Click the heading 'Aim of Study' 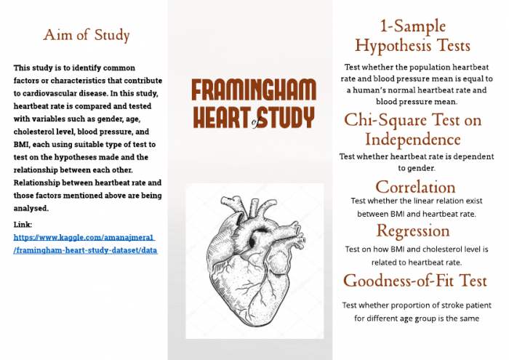87,35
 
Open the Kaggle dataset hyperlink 84,244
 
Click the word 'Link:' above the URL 23,225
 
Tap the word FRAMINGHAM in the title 254,90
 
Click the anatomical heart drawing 254,259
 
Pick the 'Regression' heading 413,231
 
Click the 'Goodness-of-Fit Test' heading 415,281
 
